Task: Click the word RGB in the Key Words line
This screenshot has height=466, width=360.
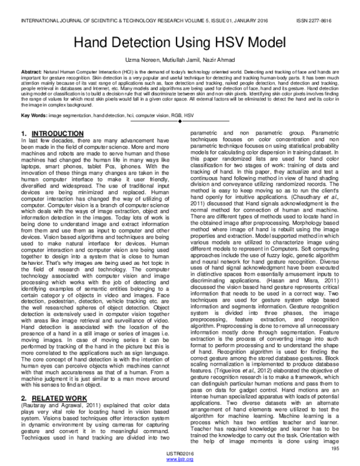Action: point(176,114)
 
